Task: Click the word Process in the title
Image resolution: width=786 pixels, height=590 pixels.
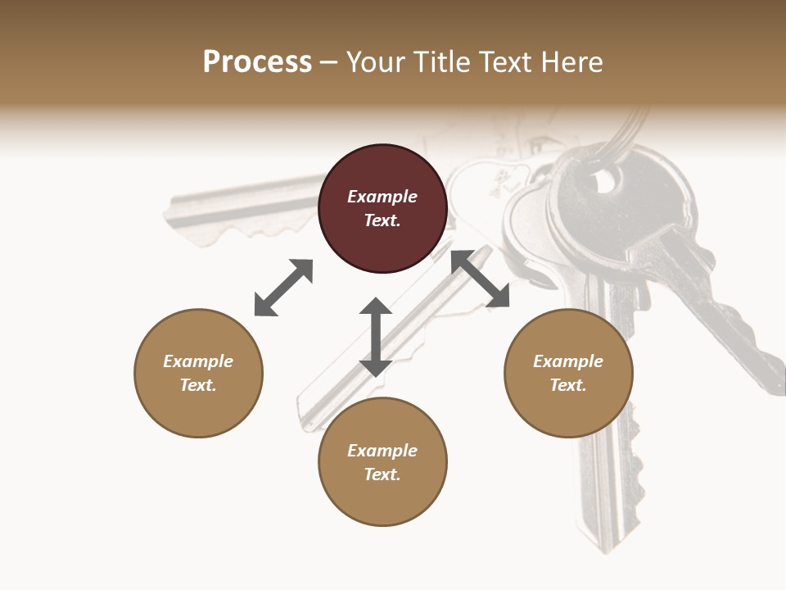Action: (x=257, y=62)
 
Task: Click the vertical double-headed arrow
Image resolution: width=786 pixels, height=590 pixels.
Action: (x=376, y=337)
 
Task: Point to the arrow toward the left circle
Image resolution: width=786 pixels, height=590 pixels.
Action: (x=284, y=288)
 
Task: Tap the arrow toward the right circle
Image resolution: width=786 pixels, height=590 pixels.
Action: (x=481, y=279)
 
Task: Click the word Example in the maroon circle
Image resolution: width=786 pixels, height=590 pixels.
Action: (x=382, y=197)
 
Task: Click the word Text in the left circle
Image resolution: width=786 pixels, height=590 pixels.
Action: (x=197, y=385)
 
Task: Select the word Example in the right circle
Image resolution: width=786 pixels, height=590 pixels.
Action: (x=568, y=361)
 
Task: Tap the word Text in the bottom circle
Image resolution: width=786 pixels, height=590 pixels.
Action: (x=382, y=474)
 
